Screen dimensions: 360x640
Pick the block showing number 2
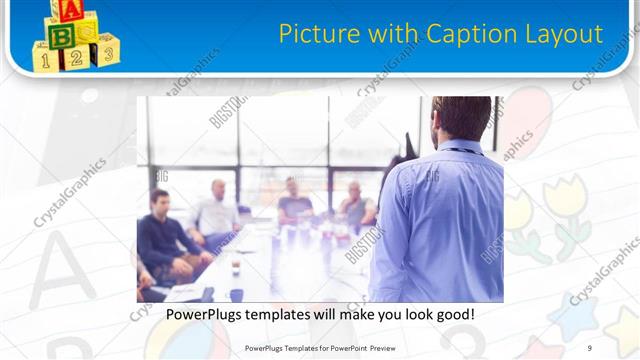75,57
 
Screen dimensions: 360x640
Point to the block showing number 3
106,51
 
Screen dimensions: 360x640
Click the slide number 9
590,348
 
